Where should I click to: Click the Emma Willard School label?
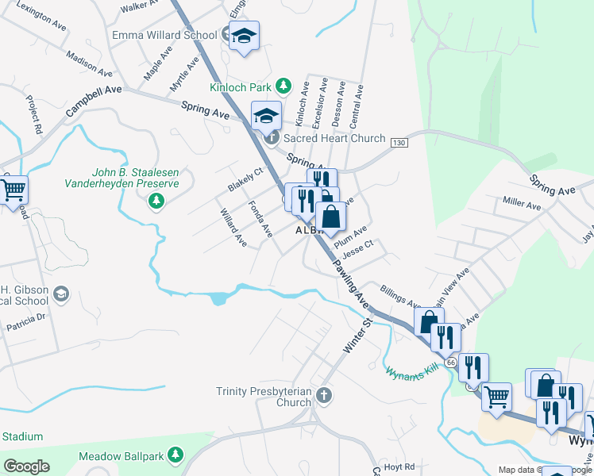(164, 35)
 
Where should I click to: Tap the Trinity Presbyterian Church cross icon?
(322, 395)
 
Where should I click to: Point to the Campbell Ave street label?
(94, 102)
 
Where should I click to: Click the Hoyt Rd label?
(398, 466)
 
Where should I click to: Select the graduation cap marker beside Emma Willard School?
(245, 36)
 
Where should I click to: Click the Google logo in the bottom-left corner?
(27, 466)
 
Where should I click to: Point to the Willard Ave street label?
(233, 226)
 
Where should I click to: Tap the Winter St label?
(357, 338)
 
